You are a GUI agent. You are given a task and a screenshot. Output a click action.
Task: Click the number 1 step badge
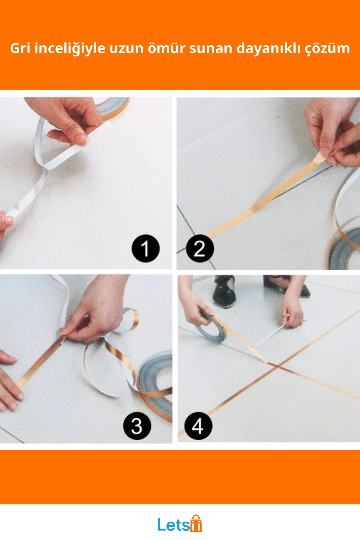145,248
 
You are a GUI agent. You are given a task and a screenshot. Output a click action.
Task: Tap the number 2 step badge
200,248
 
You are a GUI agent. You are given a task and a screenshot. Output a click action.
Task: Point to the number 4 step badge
198,426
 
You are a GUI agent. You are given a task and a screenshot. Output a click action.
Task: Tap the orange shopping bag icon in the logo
196,523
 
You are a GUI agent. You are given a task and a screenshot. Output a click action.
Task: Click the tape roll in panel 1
112,106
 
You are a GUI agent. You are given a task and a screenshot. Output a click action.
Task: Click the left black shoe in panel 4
223,292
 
